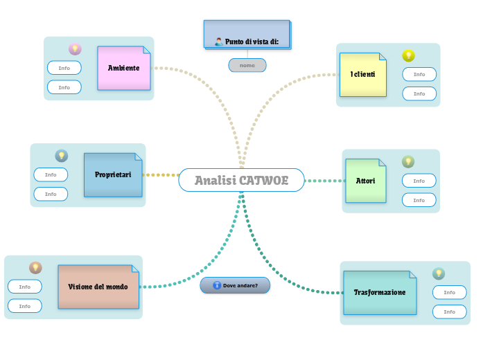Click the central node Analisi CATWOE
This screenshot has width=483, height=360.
click(241, 180)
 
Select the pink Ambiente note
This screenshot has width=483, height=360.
click(124, 68)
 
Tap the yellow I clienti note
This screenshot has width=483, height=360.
click(362, 74)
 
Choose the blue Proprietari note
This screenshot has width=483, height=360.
click(113, 174)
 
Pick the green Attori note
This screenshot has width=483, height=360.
click(365, 181)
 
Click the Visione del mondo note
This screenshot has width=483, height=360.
click(98, 287)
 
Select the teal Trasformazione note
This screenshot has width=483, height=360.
click(380, 292)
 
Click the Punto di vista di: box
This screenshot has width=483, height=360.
click(247, 35)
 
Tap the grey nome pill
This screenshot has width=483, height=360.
click(247, 65)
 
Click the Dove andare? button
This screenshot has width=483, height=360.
click(234, 285)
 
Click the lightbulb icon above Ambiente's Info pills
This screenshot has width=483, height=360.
click(75, 49)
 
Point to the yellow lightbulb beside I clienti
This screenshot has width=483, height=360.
click(408, 55)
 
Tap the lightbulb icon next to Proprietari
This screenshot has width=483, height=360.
click(61, 156)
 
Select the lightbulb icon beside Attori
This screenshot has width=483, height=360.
click(408, 161)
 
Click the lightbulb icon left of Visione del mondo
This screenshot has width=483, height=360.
click(35, 267)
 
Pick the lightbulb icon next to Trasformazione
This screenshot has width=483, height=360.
click(439, 273)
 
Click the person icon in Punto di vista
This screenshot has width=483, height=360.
click(219, 42)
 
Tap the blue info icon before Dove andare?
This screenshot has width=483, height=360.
click(217, 285)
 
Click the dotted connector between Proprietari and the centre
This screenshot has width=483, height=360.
click(161, 175)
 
